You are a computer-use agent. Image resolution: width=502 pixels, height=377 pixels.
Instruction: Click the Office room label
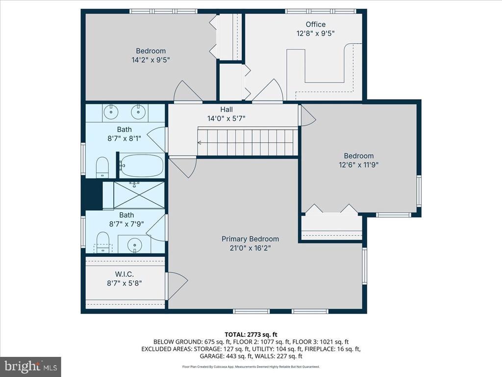(315, 25)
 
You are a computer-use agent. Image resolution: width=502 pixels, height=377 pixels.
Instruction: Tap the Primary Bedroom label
(250, 239)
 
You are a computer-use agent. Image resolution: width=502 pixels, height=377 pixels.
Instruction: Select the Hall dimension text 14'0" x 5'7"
(226, 119)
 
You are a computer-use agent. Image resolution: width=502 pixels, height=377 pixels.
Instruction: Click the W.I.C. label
(124, 274)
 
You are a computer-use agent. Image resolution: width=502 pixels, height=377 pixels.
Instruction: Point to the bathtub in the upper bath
(142, 165)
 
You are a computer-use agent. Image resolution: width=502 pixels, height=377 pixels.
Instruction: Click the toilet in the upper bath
(102, 167)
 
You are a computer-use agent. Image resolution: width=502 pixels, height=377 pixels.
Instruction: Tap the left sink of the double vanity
(111, 111)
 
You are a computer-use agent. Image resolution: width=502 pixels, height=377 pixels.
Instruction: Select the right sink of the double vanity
(139, 111)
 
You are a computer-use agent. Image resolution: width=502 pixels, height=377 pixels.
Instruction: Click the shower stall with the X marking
(139, 195)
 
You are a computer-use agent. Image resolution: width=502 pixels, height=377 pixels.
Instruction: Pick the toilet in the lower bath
(103, 242)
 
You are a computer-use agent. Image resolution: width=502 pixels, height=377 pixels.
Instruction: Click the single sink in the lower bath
(134, 245)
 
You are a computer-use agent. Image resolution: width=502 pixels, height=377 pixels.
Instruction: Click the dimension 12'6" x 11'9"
(358, 165)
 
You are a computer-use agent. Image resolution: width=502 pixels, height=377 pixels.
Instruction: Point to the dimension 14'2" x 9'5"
(151, 60)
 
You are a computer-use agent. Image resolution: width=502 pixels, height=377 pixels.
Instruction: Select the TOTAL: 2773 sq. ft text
(251, 335)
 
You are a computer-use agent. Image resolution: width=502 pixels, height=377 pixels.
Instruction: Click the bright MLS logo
(31, 366)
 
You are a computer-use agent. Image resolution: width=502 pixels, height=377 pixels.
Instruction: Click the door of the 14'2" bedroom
(188, 91)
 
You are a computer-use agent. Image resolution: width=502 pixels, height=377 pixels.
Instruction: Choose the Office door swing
(268, 90)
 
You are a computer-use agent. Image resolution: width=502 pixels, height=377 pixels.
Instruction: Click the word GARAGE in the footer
(211, 356)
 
